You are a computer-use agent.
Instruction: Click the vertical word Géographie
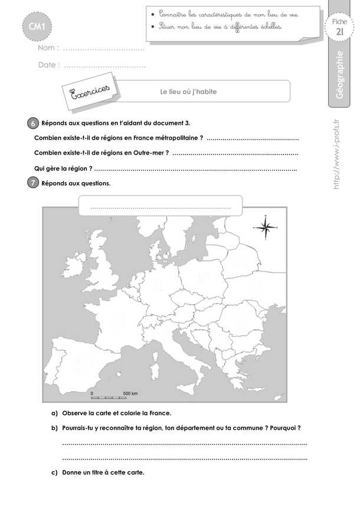coord(339,77)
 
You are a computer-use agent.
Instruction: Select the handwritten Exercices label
coord(90,92)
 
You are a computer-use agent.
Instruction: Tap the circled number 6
coord(33,123)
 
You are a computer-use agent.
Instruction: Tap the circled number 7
coord(33,183)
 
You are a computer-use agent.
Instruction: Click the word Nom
coord(47,48)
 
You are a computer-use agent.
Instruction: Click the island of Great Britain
coord(108,271)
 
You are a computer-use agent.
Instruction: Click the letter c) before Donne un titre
coord(54,472)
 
